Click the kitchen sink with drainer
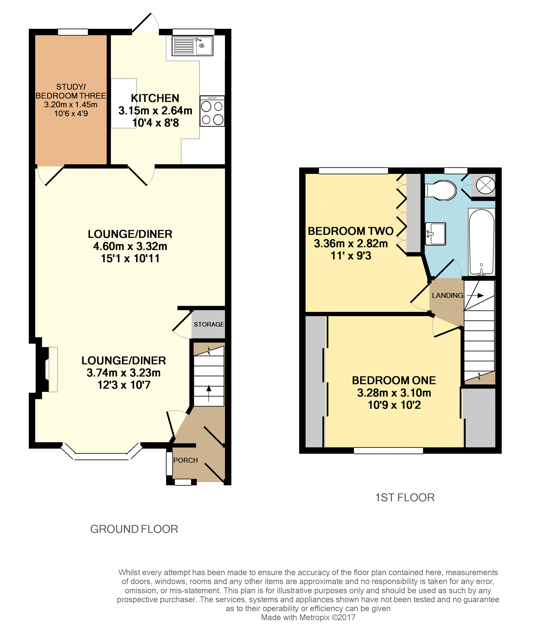click(x=192, y=46)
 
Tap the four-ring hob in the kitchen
click(x=212, y=111)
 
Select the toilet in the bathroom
click(x=441, y=190)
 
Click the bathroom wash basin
click(x=435, y=234)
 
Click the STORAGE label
click(x=209, y=324)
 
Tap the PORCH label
click(x=186, y=460)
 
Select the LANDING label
click(x=447, y=295)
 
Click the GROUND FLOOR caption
click(x=134, y=529)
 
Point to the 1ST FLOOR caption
click(x=405, y=497)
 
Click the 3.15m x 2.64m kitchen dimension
click(x=155, y=111)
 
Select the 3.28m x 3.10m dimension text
click(x=394, y=393)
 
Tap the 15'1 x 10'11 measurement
click(x=130, y=259)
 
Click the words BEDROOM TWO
click(x=351, y=231)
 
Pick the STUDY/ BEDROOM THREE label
click(x=71, y=91)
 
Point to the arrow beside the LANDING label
click(x=475, y=296)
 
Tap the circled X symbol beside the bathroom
click(x=485, y=185)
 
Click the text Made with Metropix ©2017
click(x=308, y=618)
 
